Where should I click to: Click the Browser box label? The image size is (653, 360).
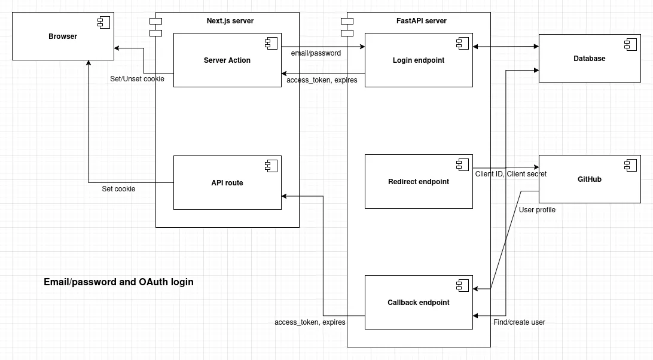point(63,36)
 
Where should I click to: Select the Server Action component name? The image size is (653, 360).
point(227,60)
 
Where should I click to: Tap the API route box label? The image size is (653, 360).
point(227,183)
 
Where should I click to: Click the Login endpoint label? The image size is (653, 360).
point(419,60)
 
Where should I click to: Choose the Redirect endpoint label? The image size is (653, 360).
point(419,182)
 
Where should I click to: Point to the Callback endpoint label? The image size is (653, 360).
point(419,303)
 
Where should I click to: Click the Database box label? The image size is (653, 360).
point(590,59)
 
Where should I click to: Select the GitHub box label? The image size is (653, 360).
point(590,179)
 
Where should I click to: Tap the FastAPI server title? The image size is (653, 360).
point(422,21)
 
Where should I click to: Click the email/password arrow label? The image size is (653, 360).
point(316,53)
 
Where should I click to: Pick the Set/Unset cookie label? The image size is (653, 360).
point(137,79)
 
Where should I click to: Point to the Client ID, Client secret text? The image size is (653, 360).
point(511,174)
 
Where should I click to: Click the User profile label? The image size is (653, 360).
point(537,210)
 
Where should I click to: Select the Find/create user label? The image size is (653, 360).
point(519,322)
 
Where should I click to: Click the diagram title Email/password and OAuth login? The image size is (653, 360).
point(118,282)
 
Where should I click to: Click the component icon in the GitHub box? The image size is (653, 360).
point(630,165)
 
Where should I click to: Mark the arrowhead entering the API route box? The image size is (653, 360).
point(285,196)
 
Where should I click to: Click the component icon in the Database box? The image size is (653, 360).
point(630,44)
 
